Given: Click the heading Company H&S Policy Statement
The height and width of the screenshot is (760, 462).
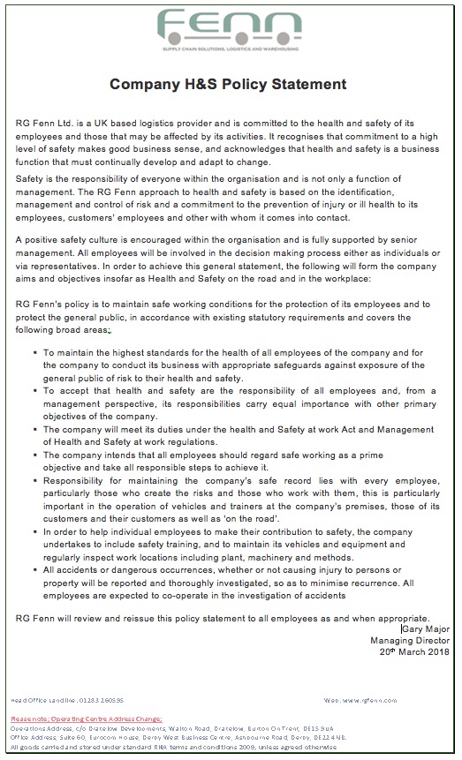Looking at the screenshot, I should (x=228, y=85).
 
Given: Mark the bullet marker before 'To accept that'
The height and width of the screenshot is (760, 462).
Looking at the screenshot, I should (x=34, y=389).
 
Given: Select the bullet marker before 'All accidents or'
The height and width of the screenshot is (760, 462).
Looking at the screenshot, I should (x=34, y=570).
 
